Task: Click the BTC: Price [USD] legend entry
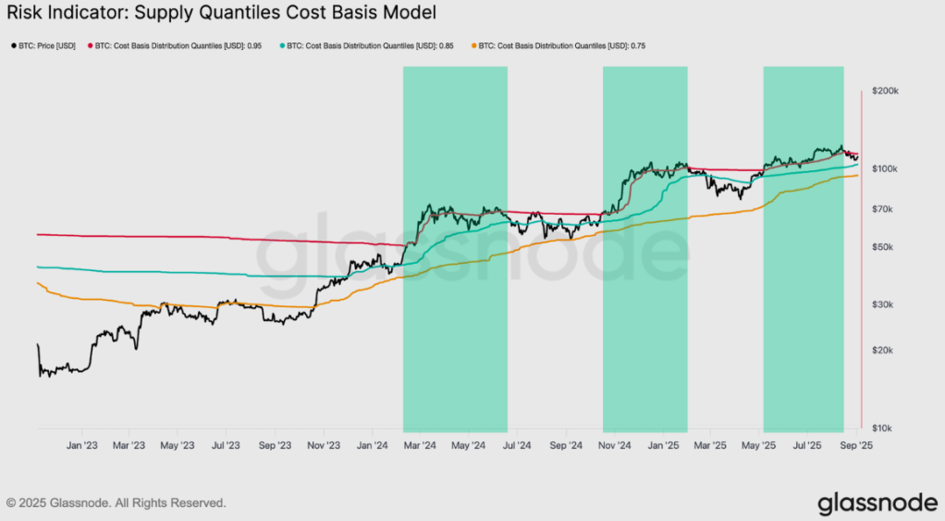[46, 45]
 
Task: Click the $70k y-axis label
[884, 209]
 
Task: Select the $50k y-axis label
[884, 247]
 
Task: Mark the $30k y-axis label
[884, 305]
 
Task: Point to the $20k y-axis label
[884, 351]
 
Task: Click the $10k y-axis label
[884, 428]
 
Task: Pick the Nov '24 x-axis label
[614, 445]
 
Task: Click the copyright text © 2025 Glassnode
[117, 503]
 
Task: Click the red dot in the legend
[90, 45]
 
